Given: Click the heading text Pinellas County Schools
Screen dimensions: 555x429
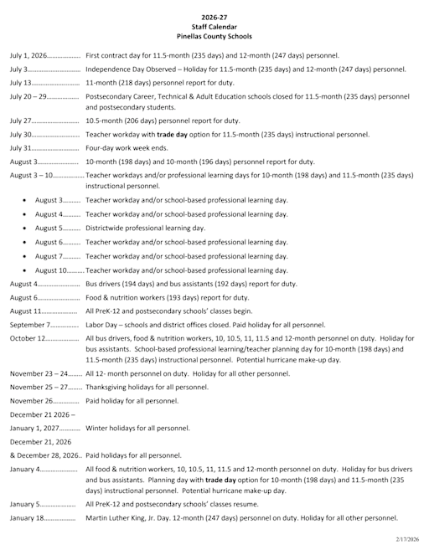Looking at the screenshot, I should click(x=214, y=37).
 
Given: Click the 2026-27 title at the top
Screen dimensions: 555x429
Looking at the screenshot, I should click(x=214, y=17).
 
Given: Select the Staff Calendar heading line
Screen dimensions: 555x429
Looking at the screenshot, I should click(x=214, y=27).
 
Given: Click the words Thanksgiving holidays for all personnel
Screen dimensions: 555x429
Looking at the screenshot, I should click(x=147, y=387).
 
